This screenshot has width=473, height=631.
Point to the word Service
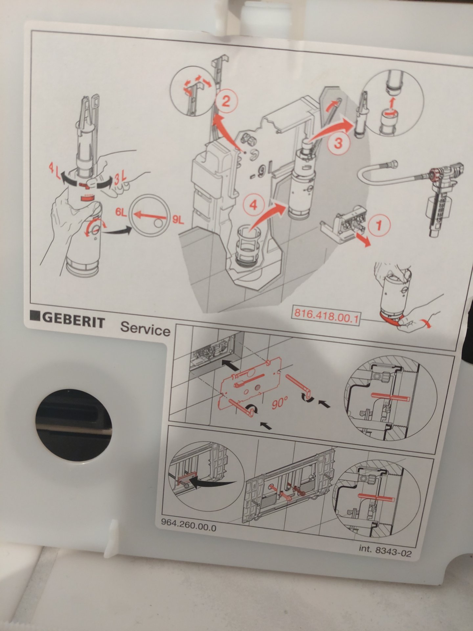pos(146,328)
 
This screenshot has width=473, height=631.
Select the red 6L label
pos(121,212)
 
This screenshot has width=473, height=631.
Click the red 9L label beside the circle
pos(178,220)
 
